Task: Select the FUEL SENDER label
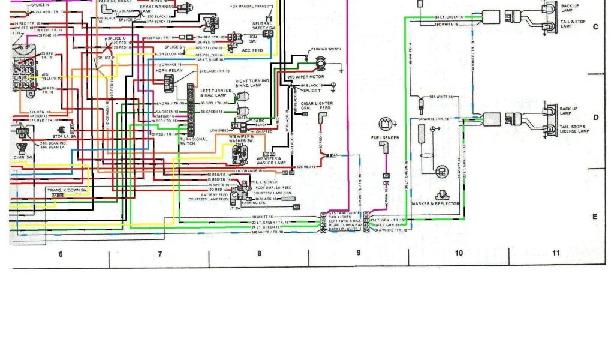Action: point(384,138)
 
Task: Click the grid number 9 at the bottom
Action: point(359,253)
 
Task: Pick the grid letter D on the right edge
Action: point(595,117)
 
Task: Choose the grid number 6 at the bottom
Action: point(61,254)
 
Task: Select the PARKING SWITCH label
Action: point(326,49)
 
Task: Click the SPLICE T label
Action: point(312,91)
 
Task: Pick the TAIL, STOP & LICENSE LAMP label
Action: point(574,129)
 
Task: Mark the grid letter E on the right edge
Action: point(595,217)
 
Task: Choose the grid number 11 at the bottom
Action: point(556,253)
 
